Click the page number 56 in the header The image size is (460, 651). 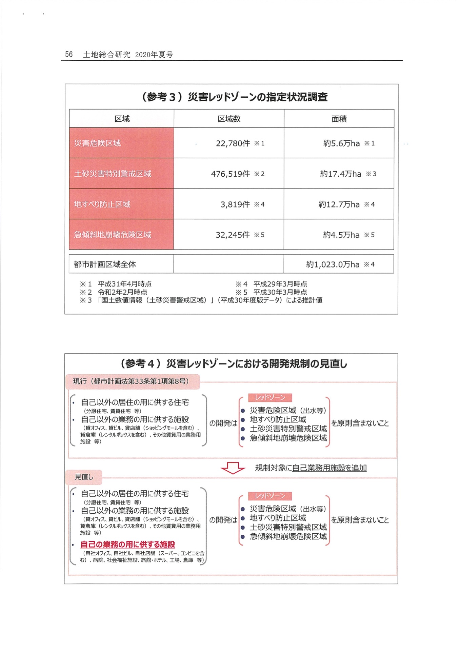tap(69, 55)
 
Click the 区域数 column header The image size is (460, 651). tap(229, 119)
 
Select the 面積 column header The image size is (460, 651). tap(339, 119)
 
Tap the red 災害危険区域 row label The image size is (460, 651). tap(97, 143)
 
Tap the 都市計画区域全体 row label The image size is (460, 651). tap(105, 264)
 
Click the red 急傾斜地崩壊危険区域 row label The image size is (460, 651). tap(113, 235)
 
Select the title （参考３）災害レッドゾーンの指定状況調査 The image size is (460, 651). tap(234, 97)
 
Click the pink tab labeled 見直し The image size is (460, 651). tap(83, 477)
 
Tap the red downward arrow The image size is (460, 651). tap(233, 468)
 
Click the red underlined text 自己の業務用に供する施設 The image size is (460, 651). tap(127, 545)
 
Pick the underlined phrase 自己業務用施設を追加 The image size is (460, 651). tap(329, 468)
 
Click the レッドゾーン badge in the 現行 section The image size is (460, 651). tap(270, 397)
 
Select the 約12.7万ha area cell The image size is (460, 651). tap(339, 204)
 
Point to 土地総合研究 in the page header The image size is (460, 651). tap(106, 55)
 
